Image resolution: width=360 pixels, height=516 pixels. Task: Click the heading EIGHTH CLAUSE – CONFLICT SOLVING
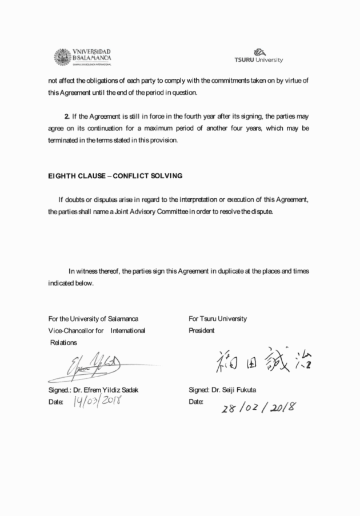115,176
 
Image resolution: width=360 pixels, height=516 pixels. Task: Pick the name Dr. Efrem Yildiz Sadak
106,390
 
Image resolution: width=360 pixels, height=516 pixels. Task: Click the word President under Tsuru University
202,330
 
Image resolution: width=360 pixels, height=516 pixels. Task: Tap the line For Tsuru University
218,319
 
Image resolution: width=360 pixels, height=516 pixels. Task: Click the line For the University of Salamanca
93,319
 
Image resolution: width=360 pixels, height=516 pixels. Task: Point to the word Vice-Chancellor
71,330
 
